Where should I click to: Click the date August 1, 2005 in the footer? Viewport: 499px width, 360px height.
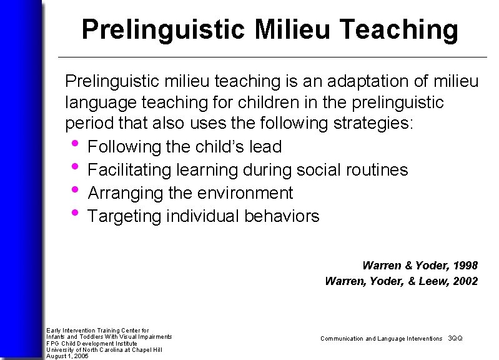click(67, 356)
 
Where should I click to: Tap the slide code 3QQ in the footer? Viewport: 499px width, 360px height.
click(455, 338)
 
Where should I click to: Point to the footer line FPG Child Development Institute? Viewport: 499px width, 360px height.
click(83, 343)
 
